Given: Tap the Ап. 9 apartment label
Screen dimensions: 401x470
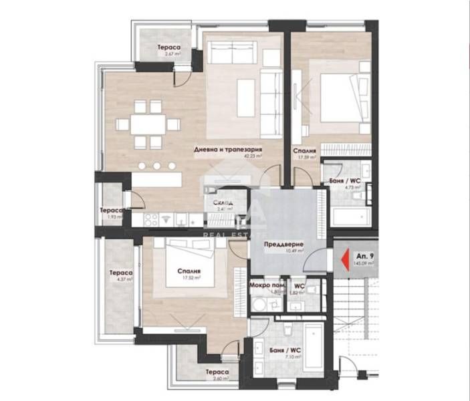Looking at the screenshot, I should (365, 256).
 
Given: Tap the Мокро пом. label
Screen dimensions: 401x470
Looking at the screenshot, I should (263, 285).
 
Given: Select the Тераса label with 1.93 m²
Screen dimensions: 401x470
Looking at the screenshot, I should (111, 210).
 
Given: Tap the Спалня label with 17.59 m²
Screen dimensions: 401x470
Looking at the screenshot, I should (304, 151).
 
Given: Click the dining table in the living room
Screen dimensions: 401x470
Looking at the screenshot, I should (147, 124).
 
